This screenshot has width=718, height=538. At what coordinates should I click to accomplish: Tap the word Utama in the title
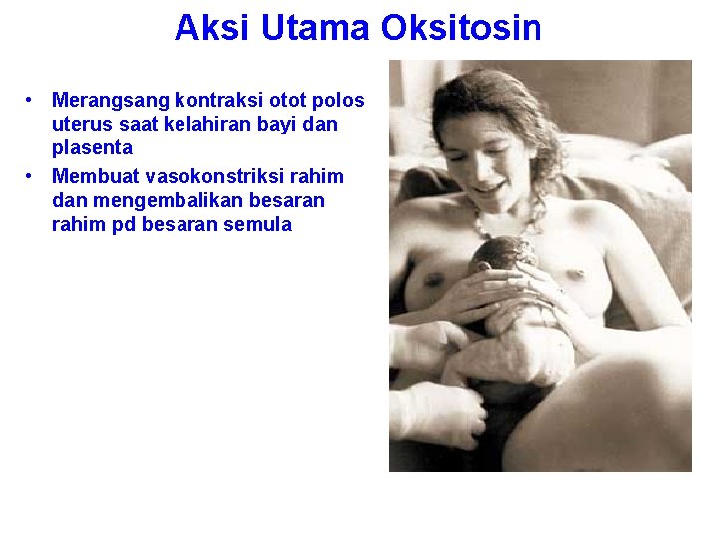click(x=316, y=27)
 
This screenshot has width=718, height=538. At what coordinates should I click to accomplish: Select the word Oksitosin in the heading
click(x=462, y=27)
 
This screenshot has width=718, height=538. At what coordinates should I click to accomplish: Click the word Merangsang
click(x=111, y=101)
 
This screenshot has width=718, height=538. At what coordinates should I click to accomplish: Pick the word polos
click(x=340, y=101)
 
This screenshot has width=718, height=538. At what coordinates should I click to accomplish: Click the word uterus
click(x=81, y=125)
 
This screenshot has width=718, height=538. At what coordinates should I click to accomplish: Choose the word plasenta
click(x=92, y=147)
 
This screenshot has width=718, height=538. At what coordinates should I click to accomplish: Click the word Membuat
click(x=95, y=177)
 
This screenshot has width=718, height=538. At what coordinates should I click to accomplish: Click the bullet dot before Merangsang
click(x=33, y=101)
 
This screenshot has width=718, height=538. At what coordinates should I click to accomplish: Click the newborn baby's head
click(x=503, y=257)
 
